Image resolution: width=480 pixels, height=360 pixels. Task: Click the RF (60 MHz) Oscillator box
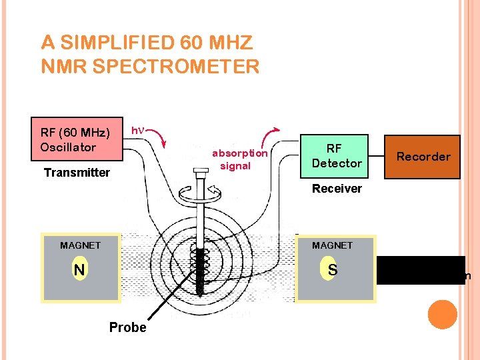click(x=77, y=139)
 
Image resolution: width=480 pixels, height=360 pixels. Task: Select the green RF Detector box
click(x=336, y=157)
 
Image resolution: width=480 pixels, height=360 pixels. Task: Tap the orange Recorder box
click(x=423, y=157)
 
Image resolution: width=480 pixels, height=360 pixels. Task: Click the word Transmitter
click(x=77, y=173)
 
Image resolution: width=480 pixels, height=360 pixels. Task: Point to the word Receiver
click(x=337, y=189)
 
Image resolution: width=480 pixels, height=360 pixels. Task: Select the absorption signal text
click(x=239, y=159)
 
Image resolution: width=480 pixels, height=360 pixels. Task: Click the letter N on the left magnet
click(x=79, y=270)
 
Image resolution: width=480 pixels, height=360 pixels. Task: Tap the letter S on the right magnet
click(x=331, y=270)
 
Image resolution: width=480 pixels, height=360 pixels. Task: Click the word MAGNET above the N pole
click(x=80, y=245)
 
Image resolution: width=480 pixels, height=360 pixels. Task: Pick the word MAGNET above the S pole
click(x=332, y=245)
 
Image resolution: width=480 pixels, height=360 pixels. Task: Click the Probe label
click(x=127, y=327)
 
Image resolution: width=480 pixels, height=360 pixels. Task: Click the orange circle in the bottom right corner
click(x=443, y=315)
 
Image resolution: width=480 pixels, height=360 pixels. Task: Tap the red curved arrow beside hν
click(x=157, y=138)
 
